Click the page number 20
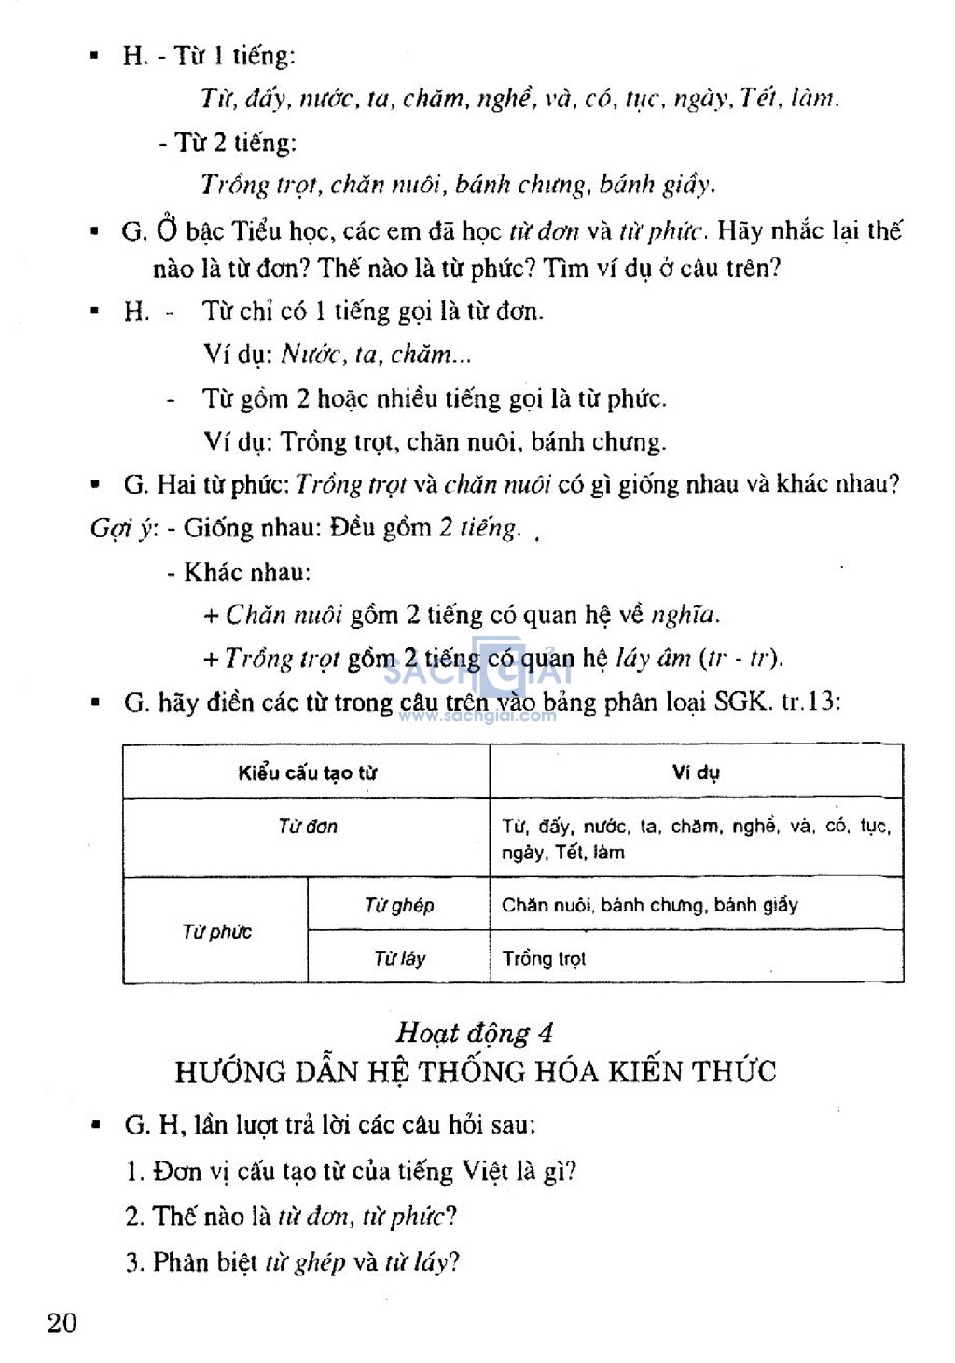62,1322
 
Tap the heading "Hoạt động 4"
475,1033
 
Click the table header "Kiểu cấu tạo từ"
307,772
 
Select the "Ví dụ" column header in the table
696,772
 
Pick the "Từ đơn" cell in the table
307,827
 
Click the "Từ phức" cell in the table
216,932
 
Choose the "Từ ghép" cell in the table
399,905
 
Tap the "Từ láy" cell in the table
399,958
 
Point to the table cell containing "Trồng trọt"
544,959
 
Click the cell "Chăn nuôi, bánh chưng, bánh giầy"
650,905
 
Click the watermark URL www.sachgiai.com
477,716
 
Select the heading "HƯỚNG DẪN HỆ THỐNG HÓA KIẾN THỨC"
476,1072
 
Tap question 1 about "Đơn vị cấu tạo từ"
352,1172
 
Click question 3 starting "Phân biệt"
293,1262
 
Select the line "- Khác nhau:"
239,572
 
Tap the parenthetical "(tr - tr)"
740,659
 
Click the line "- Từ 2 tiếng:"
228,143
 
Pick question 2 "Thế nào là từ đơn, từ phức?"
291,1217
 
